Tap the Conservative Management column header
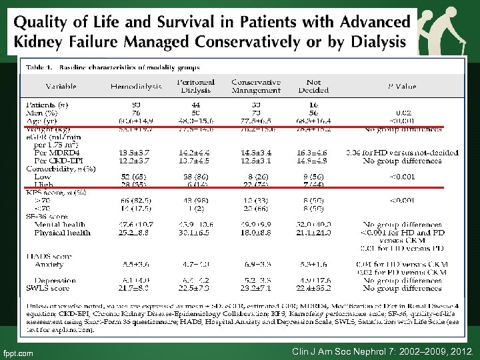256,86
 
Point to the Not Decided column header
313,86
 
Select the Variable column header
61,86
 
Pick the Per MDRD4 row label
57,153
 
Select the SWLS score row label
49,288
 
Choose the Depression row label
55,280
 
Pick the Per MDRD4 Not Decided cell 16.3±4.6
313,153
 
